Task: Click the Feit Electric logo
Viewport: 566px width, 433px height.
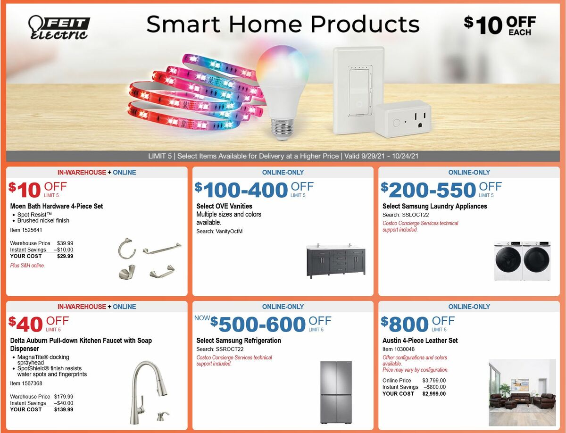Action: (59, 27)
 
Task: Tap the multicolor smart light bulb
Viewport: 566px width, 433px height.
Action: (282, 85)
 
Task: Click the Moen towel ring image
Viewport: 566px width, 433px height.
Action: (127, 249)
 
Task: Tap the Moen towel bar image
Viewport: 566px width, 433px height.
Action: (162, 248)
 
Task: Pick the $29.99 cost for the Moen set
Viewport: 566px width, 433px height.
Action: (65, 256)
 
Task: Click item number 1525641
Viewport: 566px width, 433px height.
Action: (26, 230)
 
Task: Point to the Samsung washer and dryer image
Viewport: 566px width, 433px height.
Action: (522, 262)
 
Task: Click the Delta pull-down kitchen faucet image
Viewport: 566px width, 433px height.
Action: (149, 391)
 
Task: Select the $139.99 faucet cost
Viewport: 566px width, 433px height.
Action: (64, 409)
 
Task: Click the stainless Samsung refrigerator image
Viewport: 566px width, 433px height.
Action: (336, 392)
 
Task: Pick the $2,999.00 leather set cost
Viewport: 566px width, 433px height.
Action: (434, 393)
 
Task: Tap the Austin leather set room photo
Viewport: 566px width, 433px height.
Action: (522, 392)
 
